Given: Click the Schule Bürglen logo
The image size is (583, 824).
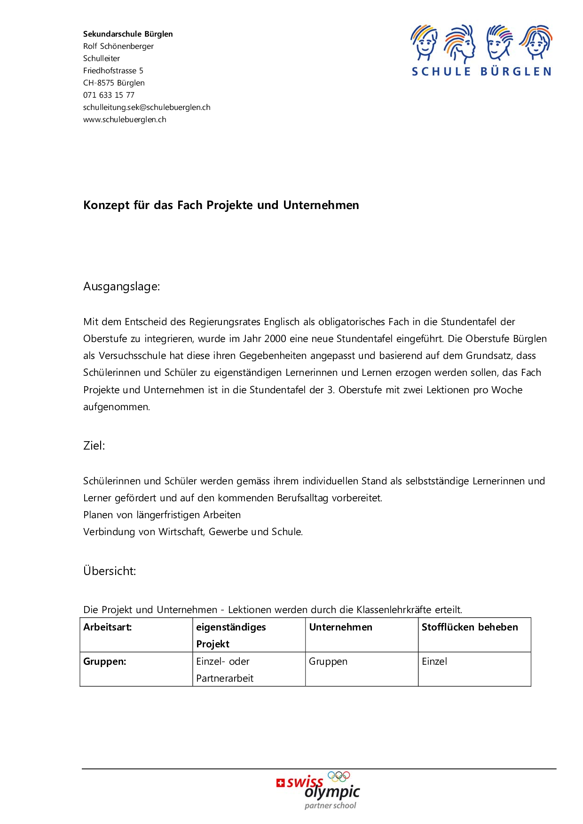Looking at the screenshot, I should pos(481,50).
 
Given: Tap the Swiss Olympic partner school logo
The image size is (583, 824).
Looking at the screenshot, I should pos(318,790).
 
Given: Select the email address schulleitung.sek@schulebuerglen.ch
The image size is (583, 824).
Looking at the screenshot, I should pos(147,107).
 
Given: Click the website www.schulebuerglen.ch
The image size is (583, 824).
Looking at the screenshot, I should pos(125,119).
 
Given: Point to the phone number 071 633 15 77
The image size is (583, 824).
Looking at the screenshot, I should pos(109,95).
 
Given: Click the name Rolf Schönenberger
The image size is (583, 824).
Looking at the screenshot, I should pos(118,46).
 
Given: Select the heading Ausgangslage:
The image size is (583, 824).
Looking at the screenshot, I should pos(121,287).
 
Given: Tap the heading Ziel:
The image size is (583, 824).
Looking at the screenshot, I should pos(94,446).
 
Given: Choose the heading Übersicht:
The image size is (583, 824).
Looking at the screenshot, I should pos(110,571).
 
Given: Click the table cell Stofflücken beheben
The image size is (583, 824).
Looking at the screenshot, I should pos(469,627).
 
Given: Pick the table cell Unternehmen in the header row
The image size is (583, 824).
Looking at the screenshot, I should pos(340,627).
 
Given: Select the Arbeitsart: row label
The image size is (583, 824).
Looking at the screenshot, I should pos(107,627).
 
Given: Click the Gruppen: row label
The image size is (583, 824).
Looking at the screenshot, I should pos(104,661).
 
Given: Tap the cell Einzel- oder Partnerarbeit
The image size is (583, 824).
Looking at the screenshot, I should pos(224,669).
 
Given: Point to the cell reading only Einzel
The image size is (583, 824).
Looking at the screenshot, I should pos(434,661).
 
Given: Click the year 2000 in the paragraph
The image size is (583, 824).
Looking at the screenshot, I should pos(275,339).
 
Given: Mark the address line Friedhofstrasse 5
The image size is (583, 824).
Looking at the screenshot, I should pos(113,70).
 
